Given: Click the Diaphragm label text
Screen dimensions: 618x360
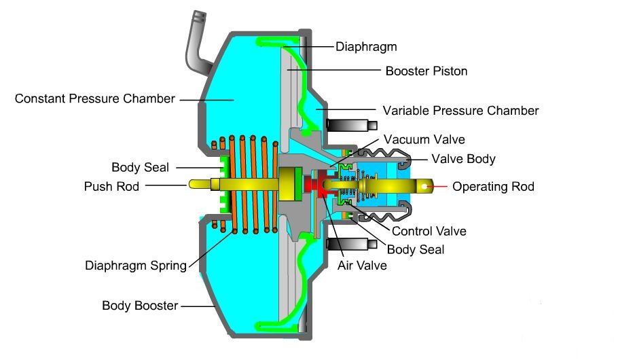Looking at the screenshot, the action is pos(366,47).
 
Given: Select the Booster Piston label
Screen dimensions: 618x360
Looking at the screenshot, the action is pos(426,71).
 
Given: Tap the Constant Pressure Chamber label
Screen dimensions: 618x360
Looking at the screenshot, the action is pos(94,98).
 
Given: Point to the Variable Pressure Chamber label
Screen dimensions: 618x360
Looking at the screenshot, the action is pos(460,111).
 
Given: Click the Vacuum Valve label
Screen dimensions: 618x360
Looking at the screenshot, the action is pos(424,139).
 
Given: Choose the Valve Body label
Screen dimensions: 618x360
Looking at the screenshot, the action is pos(463,159).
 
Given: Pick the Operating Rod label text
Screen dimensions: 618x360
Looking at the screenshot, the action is pos(494,187).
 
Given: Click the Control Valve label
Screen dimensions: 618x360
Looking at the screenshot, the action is pos(429,231).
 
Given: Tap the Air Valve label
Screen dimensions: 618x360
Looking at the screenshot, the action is pos(362,266).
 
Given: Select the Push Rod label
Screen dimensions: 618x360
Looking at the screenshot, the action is pos(111,186).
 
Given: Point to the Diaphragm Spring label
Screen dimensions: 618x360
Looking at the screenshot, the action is pos(136,266).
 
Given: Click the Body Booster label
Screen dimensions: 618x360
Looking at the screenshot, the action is pos(140,306).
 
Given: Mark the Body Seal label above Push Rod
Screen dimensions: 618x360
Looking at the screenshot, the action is pos(141,167).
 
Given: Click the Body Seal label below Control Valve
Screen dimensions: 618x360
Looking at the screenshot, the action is pos(416,249).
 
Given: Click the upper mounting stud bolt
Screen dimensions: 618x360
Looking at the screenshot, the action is pos(352,125).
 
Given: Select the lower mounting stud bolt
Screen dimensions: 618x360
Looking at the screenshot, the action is pos(352,244).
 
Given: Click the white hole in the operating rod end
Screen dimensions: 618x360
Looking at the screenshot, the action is pos(424,187).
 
